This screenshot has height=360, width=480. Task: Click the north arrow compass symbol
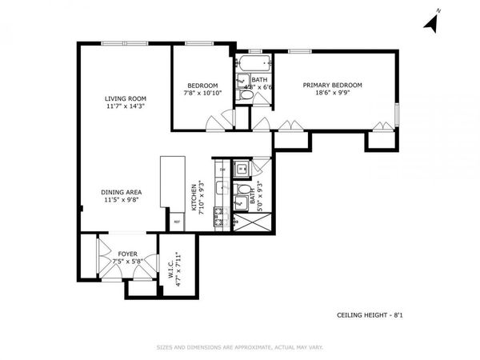[431, 23]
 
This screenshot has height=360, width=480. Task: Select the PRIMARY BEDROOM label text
[332, 85]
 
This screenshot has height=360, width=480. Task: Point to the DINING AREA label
[122, 192]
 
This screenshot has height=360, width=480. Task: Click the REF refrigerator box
[176, 221]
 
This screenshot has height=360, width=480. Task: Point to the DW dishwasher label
[222, 170]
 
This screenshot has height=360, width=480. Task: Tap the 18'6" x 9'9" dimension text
[332, 93]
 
